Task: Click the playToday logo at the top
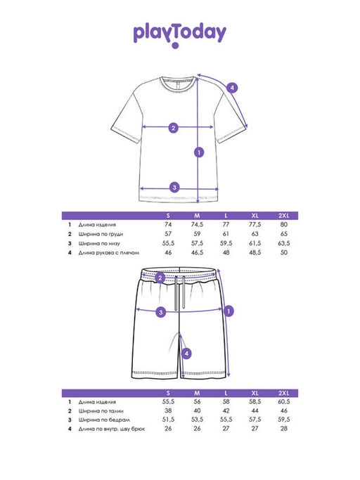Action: coord(180,34)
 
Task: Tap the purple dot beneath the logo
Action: coord(175,46)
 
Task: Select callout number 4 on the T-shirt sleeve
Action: coord(232,88)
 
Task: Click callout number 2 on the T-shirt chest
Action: coord(174,128)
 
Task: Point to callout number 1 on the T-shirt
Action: coord(199,152)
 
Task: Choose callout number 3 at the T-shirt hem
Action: coord(174,187)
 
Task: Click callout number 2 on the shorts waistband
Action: coord(160,278)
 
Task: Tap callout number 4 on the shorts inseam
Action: coord(186,353)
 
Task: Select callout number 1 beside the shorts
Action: coord(229,311)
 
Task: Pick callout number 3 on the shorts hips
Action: coord(161,312)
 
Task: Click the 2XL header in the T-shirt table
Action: coord(283,216)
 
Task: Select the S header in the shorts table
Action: coord(168,393)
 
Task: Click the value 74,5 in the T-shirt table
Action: coord(197,224)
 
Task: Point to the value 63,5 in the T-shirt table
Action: coord(283,243)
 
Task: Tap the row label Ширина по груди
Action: coord(101,234)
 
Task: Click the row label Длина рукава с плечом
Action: coord(109,253)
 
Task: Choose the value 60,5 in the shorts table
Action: coord(283,401)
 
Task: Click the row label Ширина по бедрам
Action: coord(104,420)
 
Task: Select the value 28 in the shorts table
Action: coord(283,429)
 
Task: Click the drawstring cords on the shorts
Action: coord(180,293)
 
